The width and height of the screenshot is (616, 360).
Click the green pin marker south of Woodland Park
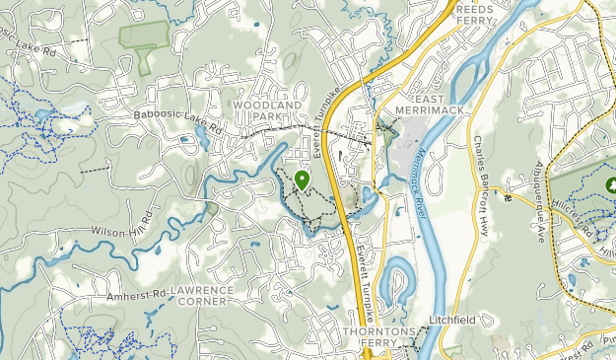point(301,180)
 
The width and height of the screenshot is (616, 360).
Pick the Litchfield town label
point(450,320)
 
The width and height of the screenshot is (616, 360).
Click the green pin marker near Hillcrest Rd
point(606,184)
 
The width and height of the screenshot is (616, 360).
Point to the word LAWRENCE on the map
point(203,290)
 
